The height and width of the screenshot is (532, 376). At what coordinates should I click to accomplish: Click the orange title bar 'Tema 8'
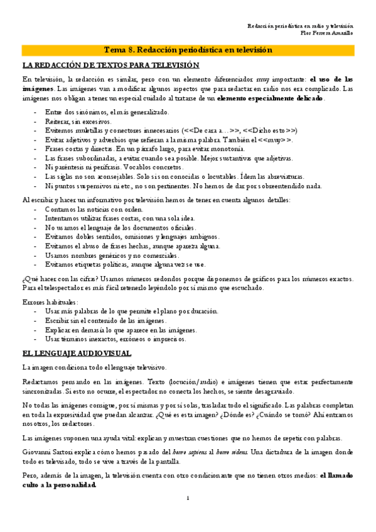click(188, 50)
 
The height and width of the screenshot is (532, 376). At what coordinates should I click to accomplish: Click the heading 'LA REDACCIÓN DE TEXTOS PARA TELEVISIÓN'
click(110, 65)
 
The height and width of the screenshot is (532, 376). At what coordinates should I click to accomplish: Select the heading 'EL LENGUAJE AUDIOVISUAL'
click(76, 353)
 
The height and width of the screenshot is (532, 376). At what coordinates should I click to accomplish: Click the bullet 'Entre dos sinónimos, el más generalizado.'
click(107, 112)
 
